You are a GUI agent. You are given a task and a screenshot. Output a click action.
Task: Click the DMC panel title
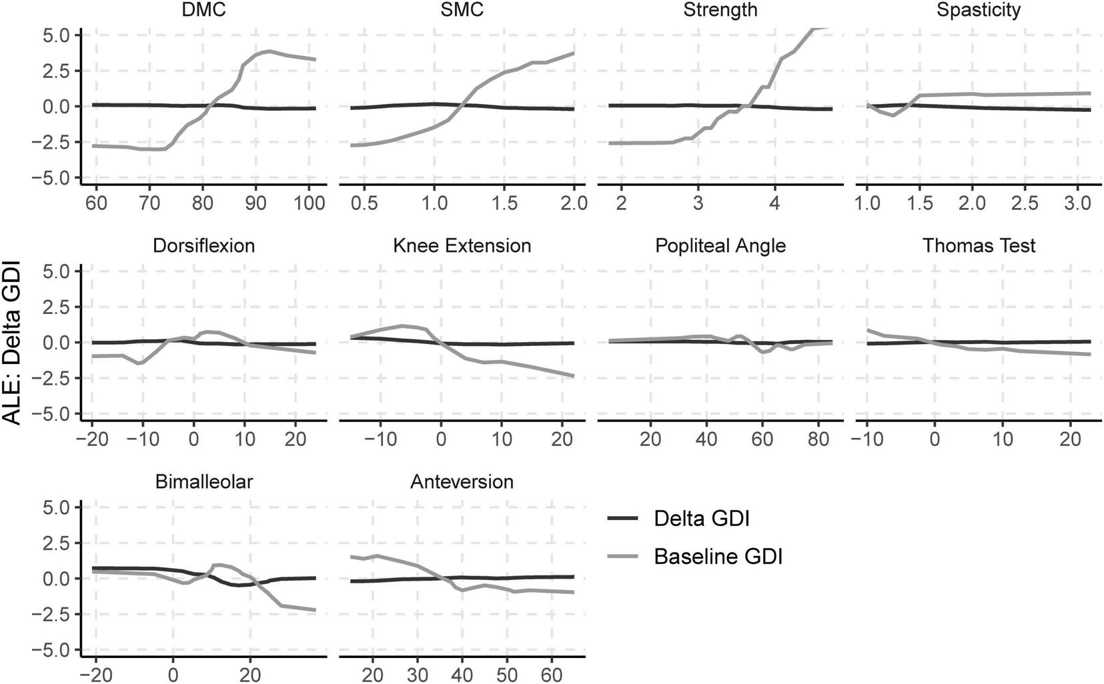tap(203, 10)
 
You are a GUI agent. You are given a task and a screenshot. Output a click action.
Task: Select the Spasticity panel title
tap(979, 10)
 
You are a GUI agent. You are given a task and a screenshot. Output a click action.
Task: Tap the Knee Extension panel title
tap(462, 246)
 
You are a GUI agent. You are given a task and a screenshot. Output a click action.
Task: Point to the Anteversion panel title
tap(462, 482)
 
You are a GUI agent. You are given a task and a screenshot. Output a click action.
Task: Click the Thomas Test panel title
tap(979, 246)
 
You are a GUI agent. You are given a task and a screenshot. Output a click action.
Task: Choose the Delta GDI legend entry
tap(701, 519)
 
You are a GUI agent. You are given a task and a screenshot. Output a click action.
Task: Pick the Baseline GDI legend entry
tap(718, 557)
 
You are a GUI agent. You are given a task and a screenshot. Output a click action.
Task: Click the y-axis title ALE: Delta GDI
tap(13, 343)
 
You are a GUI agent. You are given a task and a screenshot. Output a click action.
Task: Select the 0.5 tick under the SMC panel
tap(365, 203)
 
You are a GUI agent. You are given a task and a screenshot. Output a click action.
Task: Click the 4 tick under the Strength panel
tap(774, 203)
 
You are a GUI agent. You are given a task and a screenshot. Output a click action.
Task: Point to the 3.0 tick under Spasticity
tap(1076, 203)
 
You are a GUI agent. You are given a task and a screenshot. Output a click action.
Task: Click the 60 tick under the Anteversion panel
tap(550, 675)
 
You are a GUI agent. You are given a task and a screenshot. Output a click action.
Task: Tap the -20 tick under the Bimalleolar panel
tap(95, 675)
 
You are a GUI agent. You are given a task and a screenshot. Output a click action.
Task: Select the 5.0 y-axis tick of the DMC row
tap(57, 35)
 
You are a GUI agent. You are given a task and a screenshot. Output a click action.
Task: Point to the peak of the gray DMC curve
tap(268, 51)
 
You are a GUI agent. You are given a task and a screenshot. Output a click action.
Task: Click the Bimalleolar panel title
tap(203, 482)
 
